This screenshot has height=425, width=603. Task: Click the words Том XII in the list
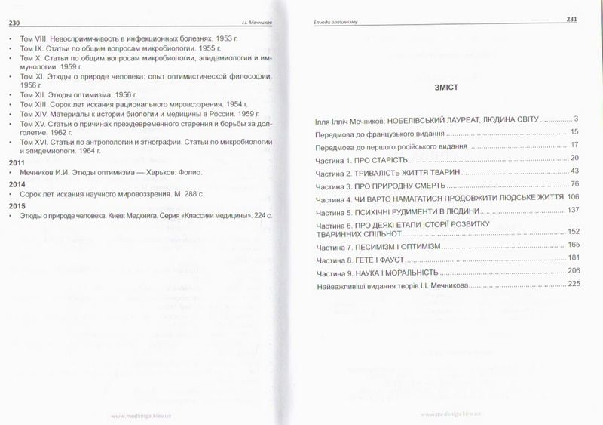click(x=29, y=93)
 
